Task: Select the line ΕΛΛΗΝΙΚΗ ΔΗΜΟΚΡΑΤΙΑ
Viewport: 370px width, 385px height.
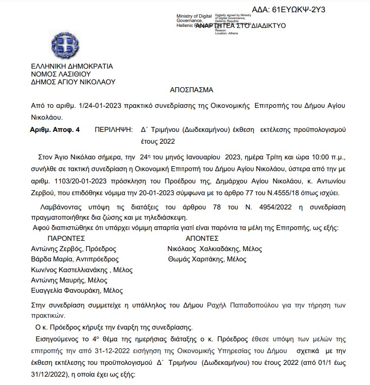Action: (x=72, y=66)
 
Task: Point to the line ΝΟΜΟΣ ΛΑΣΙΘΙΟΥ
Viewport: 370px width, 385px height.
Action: (x=61, y=74)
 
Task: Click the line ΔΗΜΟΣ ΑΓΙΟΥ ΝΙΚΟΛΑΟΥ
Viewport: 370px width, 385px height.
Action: (x=73, y=82)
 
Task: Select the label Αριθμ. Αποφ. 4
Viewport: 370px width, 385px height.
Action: (x=54, y=130)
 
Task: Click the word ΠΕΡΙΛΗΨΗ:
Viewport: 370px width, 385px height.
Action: (x=114, y=130)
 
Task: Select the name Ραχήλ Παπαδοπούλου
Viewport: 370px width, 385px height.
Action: (x=239, y=306)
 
